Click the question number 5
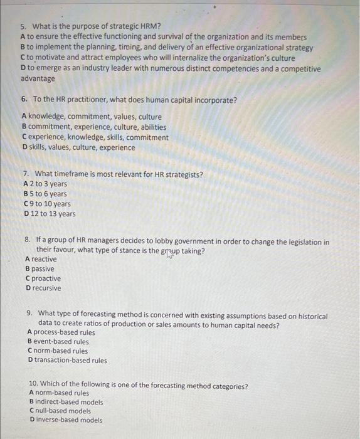click(x=23, y=26)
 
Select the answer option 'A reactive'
click(x=41, y=259)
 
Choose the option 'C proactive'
click(x=43, y=278)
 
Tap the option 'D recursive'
click(x=43, y=288)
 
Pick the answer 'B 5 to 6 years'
click(x=45, y=194)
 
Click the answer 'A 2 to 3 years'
click(x=45, y=184)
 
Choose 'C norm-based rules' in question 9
click(x=58, y=351)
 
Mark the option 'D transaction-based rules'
click(x=67, y=361)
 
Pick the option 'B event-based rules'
click(x=58, y=342)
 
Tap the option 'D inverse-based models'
click(x=65, y=420)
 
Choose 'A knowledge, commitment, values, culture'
click(x=91, y=117)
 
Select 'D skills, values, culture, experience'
click(x=78, y=148)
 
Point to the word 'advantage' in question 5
click(x=38, y=79)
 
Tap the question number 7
click(x=24, y=174)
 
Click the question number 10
click(x=34, y=386)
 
